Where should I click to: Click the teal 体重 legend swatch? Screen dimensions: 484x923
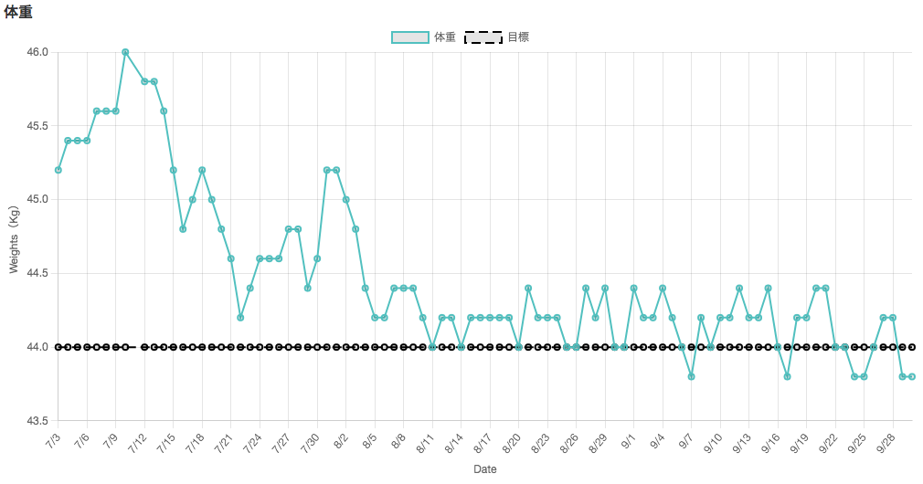[x=410, y=37]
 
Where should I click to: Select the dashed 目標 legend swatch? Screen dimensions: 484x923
[x=483, y=37]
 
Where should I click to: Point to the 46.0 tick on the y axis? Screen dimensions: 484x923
[x=37, y=52]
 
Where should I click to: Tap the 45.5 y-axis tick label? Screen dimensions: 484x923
[x=37, y=126]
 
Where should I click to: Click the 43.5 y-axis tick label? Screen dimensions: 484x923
[x=37, y=421]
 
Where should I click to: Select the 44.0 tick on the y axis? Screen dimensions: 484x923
[x=37, y=347]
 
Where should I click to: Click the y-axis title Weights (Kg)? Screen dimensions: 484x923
[x=14, y=240]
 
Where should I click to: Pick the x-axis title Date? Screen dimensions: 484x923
[x=485, y=469]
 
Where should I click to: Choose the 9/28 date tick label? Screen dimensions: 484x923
[x=885, y=443]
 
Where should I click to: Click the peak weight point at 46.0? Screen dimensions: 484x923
[x=125, y=52]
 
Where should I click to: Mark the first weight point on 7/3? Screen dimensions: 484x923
[x=58, y=170]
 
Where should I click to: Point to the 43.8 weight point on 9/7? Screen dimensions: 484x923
[x=691, y=376]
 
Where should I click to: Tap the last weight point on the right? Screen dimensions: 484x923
[x=912, y=376]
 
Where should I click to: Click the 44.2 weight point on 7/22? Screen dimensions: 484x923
[x=240, y=318]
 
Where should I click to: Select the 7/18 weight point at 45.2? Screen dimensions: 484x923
[x=202, y=170]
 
